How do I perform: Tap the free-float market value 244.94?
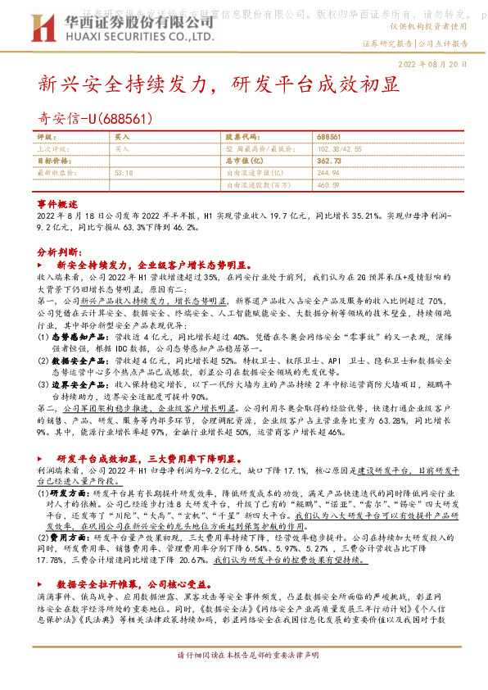point(327,173)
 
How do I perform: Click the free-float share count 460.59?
point(327,185)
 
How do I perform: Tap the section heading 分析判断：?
point(59,254)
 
